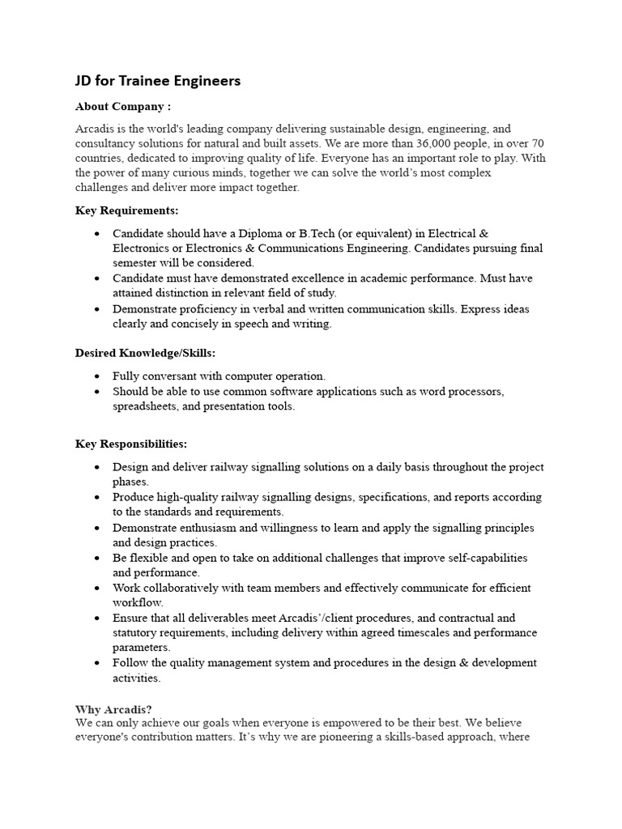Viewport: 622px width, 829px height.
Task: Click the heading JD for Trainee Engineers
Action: [x=158, y=81]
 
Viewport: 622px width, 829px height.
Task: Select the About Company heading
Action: [x=123, y=106]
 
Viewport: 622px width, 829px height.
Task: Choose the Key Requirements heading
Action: [x=127, y=210]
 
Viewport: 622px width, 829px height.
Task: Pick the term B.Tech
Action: [x=296, y=233]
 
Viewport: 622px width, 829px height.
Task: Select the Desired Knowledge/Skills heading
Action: [x=146, y=353]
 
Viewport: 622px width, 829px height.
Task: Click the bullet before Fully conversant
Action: [x=97, y=376]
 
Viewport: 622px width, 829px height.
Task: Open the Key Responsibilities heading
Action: [x=131, y=444]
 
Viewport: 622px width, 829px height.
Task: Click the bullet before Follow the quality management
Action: [x=97, y=663]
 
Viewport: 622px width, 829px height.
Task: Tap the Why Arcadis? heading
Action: [x=113, y=709]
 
